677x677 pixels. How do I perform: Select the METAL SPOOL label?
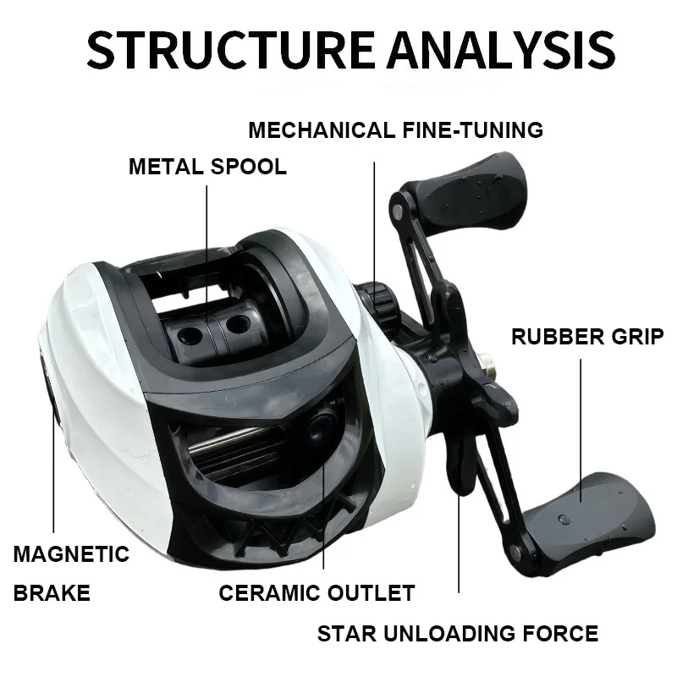207,166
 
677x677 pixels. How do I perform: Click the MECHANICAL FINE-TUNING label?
395,130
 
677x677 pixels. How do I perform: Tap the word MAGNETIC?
72,554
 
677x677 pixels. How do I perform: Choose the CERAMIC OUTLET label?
316,592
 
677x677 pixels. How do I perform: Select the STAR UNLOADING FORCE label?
458,633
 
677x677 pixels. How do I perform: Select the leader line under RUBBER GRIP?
582,423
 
